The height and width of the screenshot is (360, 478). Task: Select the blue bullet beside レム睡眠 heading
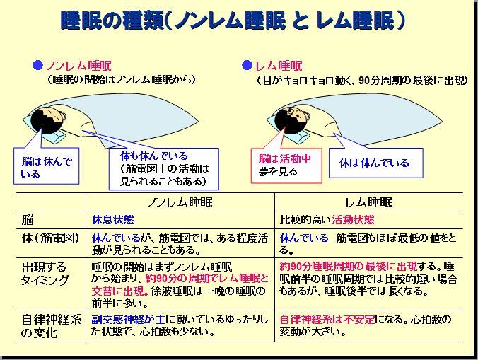coord(247,66)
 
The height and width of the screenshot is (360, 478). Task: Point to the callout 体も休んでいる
coord(164,168)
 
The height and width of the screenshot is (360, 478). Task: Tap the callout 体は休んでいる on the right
coord(374,163)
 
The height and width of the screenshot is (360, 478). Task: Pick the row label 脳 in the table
coord(29,219)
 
